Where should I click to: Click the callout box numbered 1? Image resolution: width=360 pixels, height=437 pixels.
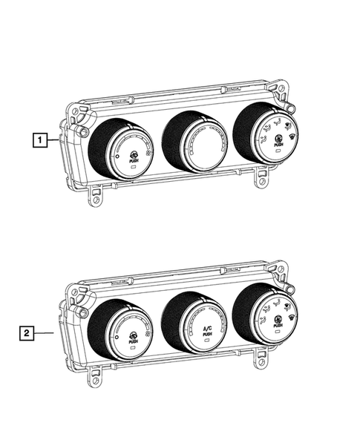[40, 140]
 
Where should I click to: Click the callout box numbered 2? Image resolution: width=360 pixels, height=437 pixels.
[27, 333]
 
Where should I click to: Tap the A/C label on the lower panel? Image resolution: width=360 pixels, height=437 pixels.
[207, 329]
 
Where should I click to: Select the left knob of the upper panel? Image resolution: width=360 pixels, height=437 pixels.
[120, 149]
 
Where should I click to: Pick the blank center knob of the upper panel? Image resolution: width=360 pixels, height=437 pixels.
[194, 142]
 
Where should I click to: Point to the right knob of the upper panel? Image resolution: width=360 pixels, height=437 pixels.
[266, 133]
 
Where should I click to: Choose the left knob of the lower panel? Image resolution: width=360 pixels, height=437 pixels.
[120, 330]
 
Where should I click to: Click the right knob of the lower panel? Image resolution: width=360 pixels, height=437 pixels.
[265, 314]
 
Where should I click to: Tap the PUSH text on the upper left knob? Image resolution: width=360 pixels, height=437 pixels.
[133, 161]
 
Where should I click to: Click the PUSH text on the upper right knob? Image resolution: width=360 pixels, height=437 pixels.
[278, 145]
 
